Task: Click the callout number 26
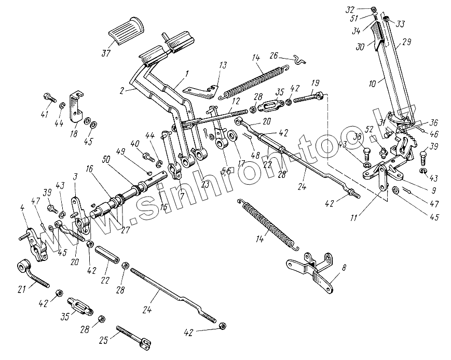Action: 275,56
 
